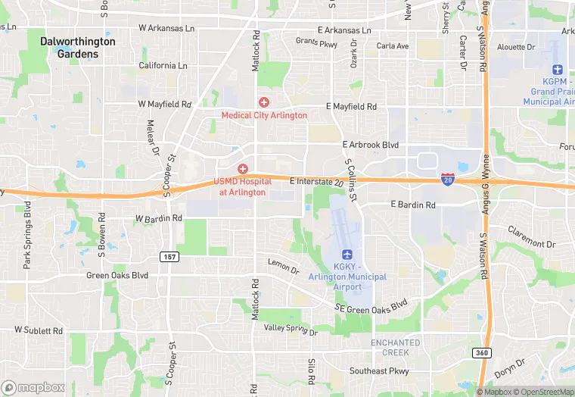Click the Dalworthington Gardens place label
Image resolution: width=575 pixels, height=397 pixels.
pyautogui.click(x=78, y=48)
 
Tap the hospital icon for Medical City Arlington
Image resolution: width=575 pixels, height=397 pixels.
pyautogui.click(x=264, y=102)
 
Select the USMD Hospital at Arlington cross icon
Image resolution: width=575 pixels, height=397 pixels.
pyautogui.click(x=243, y=168)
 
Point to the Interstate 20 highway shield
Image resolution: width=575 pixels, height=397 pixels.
pyautogui.click(x=448, y=179)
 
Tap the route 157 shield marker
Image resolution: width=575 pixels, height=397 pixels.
pyautogui.click(x=169, y=257)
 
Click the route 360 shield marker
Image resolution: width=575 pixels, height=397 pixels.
pyautogui.click(x=481, y=352)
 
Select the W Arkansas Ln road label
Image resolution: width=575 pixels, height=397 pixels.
pyautogui.click(x=166, y=28)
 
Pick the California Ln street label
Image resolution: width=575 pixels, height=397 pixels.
pyautogui.click(x=163, y=66)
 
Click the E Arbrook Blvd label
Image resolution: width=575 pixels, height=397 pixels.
pyautogui.click(x=370, y=145)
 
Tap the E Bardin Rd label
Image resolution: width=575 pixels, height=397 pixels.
pyautogui.click(x=413, y=205)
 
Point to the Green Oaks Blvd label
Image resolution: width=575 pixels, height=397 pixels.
pyautogui.click(x=117, y=276)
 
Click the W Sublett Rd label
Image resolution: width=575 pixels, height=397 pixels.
pyautogui.click(x=39, y=330)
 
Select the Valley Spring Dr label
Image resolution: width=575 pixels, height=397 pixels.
pyautogui.click(x=291, y=328)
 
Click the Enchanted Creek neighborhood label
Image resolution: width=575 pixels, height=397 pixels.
pyautogui.click(x=395, y=348)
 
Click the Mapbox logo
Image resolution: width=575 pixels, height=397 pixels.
pyautogui.click(x=34, y=387)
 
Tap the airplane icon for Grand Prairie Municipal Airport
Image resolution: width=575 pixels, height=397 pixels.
pyautogui.click(x=558, y=70)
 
